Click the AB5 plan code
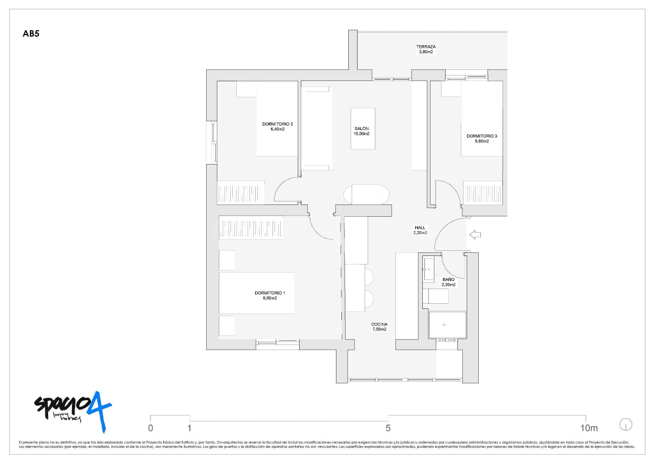31,34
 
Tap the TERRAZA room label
426,47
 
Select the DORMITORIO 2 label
277,124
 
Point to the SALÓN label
361,129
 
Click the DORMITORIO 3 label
482,136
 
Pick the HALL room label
420,228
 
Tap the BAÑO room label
448,279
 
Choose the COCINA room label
379,324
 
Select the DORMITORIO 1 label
270,293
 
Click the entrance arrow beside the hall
475,235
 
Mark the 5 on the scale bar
388,428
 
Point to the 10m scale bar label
589,428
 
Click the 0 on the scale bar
150,428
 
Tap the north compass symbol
626,425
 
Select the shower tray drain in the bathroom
444,325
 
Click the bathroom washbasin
429,269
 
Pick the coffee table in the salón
363,129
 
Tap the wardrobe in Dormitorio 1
251,227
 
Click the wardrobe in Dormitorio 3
483,193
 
